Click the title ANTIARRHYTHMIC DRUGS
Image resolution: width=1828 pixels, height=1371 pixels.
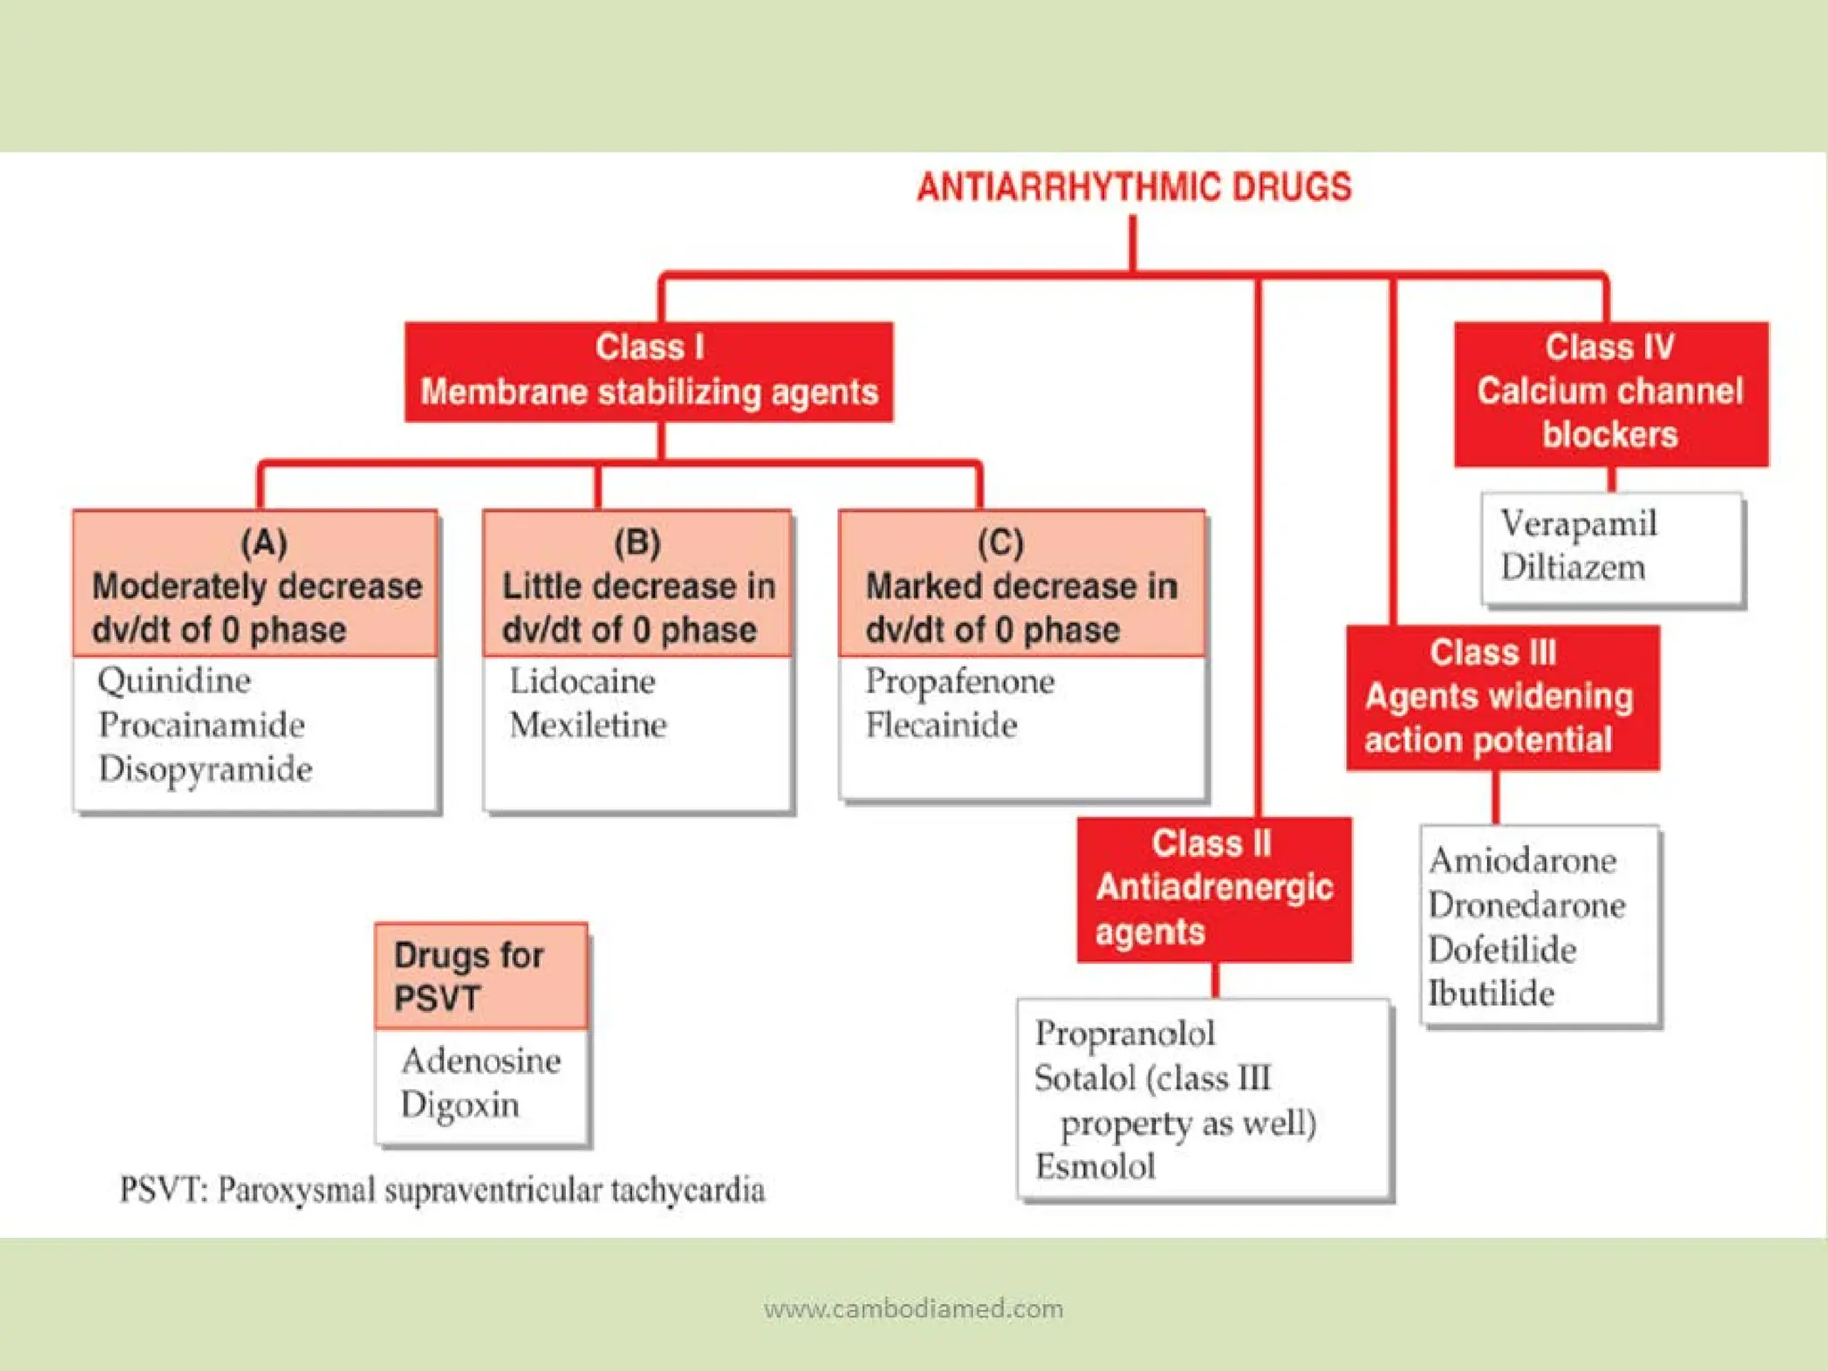click(1134, 187)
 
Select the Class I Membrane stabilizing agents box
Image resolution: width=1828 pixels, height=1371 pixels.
click(649, 371)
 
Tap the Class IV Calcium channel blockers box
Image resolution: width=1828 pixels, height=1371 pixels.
click(1610, 394)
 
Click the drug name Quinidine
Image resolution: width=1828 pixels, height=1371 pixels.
click(174, 681)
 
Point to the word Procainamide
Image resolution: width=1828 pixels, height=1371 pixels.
click(202, 725)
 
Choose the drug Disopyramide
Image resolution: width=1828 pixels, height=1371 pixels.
click(205, 769)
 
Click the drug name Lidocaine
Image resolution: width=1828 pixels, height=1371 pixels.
click(582, 682)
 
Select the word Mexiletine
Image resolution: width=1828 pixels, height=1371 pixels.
click(587, 725)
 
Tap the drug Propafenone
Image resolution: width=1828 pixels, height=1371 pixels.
click(960, 682)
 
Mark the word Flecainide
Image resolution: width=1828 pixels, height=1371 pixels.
click(941, 725)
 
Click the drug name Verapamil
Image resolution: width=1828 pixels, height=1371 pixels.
click(1578, 524)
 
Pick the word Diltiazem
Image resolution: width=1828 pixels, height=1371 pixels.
click(1572, 568)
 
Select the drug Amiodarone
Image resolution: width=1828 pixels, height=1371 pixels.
click(1522, 860)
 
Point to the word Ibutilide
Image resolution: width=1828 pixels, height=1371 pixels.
click(1491, 993)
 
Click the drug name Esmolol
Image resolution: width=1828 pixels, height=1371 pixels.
click(1094, 1167)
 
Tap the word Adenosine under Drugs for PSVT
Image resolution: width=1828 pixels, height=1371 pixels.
click(481, 1060)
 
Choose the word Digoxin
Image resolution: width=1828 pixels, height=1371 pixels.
click(460, 1105)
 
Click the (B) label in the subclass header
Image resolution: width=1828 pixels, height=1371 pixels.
click(637, 542)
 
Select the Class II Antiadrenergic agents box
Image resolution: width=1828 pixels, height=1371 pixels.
click(1214, 889)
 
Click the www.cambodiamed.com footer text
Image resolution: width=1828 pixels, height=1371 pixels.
click(913, 1309)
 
